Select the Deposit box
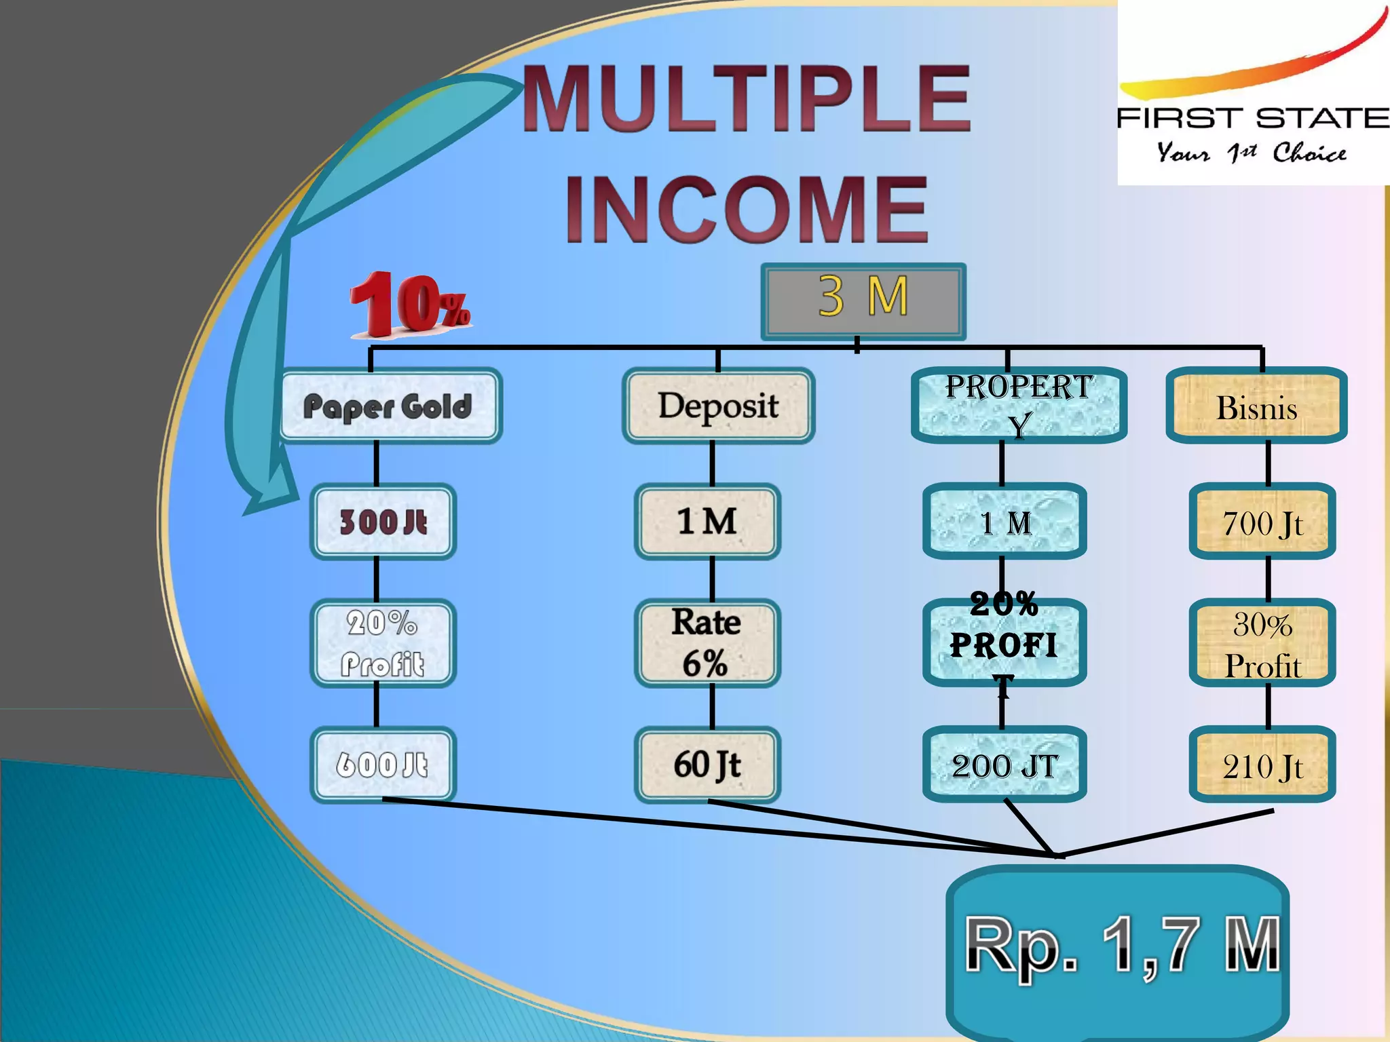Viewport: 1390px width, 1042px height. click(x=718, y=406)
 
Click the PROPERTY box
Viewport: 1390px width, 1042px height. click(x=1019, y=406)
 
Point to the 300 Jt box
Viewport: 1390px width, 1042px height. click(x=383, y=522)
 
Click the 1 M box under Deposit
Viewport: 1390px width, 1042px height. click(x=707, y=522)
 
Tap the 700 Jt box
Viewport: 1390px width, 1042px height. click(x=1262, y=522)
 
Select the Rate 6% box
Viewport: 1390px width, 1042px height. click(x=707, y=642)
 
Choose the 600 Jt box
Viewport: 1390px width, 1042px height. click(x=383, y=765)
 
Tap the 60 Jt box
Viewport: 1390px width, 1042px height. click(x=707, y=765)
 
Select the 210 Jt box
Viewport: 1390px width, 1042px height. click(x=1262, y=766)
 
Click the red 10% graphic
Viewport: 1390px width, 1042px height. click(x=409, y=305)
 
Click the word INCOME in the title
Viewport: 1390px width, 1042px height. click(x=747, y=208)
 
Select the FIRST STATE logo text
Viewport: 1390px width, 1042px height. click(x=1253, y=119)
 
